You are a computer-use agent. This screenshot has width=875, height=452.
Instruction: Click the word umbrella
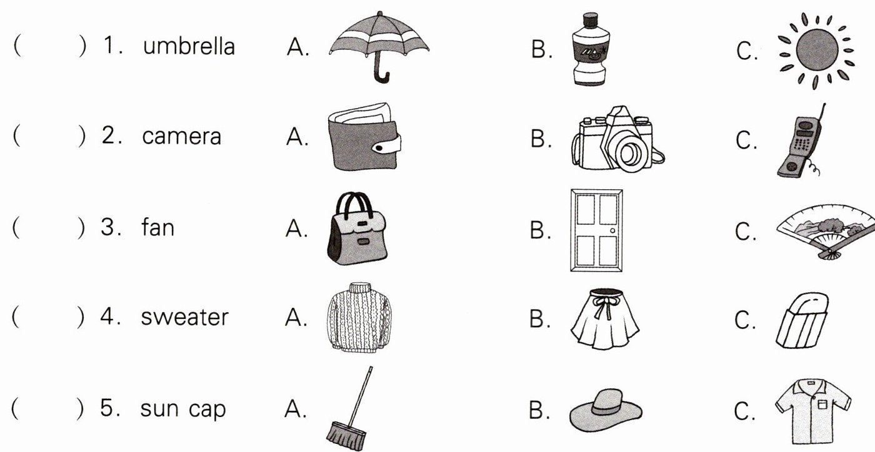pyautogui.click(x=189, y=46)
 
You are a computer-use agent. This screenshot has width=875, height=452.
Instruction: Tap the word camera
pyautogui.click(x=181, y=136)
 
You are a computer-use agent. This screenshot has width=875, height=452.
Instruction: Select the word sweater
pyautogui.click(x=184, y=317)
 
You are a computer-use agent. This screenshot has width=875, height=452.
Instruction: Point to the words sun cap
pyautogui.click(x=182, y=409)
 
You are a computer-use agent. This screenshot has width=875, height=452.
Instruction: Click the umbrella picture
pyautogui.click(x=379, y=41)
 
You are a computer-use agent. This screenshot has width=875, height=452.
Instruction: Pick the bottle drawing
pyautogui.click(x=589, y=50)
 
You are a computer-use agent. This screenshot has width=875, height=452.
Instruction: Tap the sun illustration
pyautogui.click(x=813, y=51)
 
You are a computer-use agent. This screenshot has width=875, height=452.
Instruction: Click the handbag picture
pyautogui.click(x=356, y=230)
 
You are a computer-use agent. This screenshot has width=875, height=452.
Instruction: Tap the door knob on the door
pyautogui.click(x=612, y=231)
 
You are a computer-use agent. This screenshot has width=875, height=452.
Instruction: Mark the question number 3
pyautogui.click(x=109, y=227)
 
